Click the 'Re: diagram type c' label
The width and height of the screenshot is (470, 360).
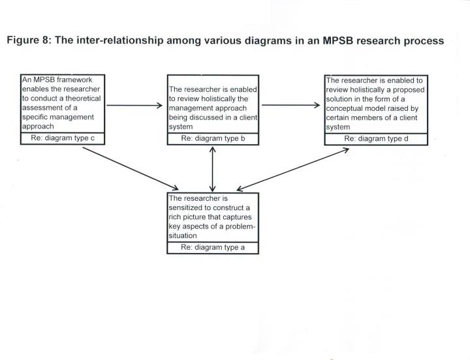tap(63, 139)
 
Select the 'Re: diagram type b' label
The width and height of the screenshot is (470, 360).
tap(212, 139)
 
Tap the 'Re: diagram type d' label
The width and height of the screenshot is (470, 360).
tap(375, 138)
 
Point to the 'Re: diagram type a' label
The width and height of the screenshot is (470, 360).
tap(212, 247)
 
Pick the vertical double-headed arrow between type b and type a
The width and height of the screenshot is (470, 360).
tap(212, 168)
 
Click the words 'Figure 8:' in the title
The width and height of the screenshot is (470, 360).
tap(28, 40)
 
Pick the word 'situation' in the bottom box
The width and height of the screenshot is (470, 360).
tap(184, 235)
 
